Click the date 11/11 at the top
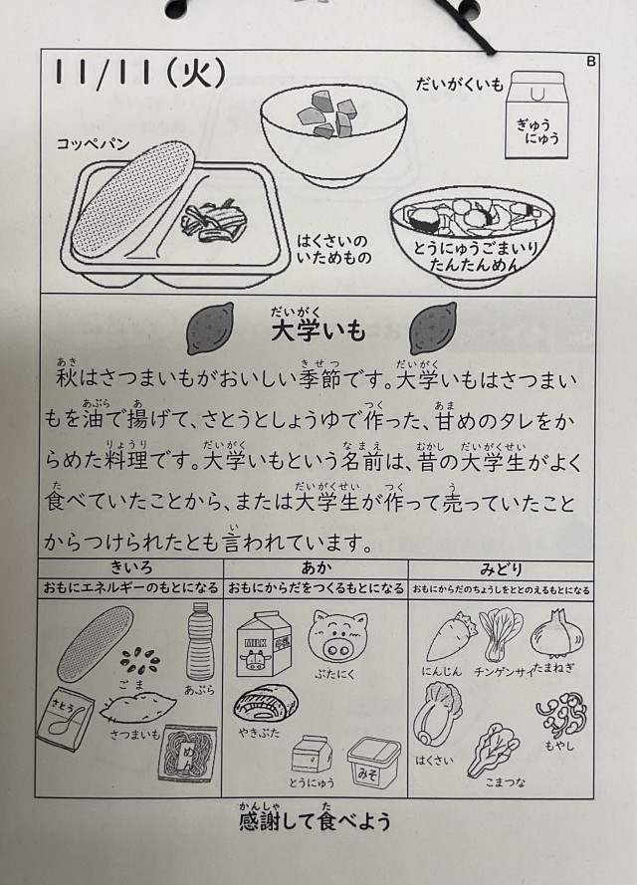pos(104,73)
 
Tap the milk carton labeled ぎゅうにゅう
pos(536,114)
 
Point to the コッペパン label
pos(93,144)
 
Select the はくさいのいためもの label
pos(334,249)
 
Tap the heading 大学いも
pos(318,331)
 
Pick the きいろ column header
pos(131,567)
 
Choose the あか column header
pos(316,567)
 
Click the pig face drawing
pos(337,636)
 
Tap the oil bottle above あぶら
pos(200,641)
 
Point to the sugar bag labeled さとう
pos(66,719)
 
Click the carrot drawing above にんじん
pos(450,637)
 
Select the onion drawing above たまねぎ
pos(552,633)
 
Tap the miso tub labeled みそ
pos(373,763)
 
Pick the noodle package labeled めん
pos(188,754)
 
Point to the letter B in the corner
pos(591,61)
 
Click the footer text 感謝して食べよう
pos(315,820)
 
